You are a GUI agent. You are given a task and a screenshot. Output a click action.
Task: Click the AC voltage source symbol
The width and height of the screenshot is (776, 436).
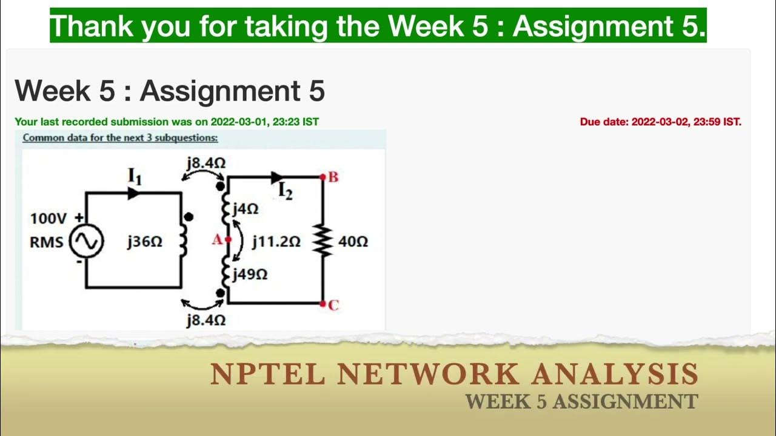point(86,242)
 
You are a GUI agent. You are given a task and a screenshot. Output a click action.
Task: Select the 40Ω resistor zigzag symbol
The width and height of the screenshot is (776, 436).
point(323,242)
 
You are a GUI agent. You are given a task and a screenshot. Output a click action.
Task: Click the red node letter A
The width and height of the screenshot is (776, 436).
point(216,240)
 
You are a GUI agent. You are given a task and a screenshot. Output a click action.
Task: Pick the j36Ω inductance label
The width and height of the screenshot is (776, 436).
point(144,242)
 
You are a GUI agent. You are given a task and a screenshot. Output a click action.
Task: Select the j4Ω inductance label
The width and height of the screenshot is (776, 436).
point(246,210)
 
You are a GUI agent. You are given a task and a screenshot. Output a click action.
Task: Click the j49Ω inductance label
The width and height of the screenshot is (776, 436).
point(250,274)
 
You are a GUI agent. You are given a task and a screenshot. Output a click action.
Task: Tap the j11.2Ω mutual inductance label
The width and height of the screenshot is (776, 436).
point(276,242)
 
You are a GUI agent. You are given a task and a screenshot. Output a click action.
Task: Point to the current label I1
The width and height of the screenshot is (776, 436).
point(134,176)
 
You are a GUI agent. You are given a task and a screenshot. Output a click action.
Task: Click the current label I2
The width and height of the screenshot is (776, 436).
point(286,191)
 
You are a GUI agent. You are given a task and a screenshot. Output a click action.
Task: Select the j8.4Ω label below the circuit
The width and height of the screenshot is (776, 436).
point(206,320)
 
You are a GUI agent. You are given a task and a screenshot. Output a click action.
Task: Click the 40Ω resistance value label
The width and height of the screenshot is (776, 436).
point(353,242)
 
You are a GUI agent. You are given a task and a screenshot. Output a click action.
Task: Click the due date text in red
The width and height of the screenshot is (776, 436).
point(660,122)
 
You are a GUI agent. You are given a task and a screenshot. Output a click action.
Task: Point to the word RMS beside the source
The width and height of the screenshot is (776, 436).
point(46,242)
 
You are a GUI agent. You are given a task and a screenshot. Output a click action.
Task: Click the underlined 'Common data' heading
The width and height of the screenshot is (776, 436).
point(120,137)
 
